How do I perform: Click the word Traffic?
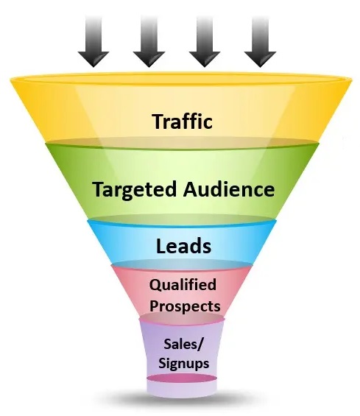point(183,121)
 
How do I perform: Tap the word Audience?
point(229,189)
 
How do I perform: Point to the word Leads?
point(183,246)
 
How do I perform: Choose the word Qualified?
point(183,285)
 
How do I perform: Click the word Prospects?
point(185,306)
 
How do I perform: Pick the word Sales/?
point(183,345)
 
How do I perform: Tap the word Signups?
point(184,364)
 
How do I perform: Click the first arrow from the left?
point(93,41)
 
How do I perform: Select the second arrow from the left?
point(149,41)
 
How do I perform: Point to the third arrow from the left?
point(205,41)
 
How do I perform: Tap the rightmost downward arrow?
point(261,41)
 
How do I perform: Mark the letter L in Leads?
point(161,246)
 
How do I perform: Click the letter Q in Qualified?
point(155,285)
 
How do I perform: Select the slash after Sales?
point(200,345)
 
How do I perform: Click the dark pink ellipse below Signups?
point(182,378)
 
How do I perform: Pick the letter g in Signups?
point(177,365)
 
